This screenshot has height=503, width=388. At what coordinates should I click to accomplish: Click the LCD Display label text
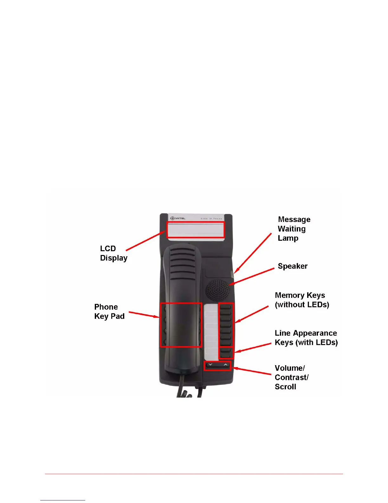(x=113, y=253)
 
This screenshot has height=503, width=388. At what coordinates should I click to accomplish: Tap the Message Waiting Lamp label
(x=294, y=229)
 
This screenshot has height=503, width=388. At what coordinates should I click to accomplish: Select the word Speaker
(x=292, y=266)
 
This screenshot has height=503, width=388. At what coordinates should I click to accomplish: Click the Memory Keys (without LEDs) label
(x=302, y=300)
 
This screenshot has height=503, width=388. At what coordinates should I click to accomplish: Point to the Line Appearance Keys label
(x=306, y=338)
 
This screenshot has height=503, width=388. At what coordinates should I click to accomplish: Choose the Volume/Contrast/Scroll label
(x=291, y=377)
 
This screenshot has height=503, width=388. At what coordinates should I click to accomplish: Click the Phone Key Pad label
(x=109, y=312)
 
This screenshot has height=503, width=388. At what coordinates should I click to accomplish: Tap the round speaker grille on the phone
(x=218, y=290)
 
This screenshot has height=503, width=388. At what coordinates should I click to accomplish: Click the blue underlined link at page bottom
(x=63, y=500)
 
